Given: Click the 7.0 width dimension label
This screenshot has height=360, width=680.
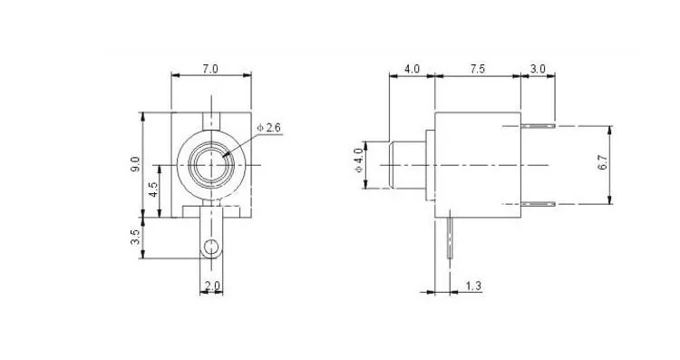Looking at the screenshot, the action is tap(210, 69).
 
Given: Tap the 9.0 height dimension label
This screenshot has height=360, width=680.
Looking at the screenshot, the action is tap(135, 164).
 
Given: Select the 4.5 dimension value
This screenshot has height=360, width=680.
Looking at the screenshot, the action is tap(154, 190).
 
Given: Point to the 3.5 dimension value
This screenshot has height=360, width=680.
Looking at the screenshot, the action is tap(135, 237).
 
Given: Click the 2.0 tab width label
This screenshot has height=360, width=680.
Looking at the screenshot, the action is tap(212, 286).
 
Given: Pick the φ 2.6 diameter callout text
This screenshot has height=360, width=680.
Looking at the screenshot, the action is tap(269, 128).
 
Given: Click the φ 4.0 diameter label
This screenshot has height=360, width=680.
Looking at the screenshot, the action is tap(359, 160).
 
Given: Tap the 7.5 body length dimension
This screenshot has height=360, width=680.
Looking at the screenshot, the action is tap(477, 69).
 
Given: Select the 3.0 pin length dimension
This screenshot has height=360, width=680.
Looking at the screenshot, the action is tap(538, 69).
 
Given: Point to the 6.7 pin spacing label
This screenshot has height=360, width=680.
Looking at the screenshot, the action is tap(603, 161).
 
